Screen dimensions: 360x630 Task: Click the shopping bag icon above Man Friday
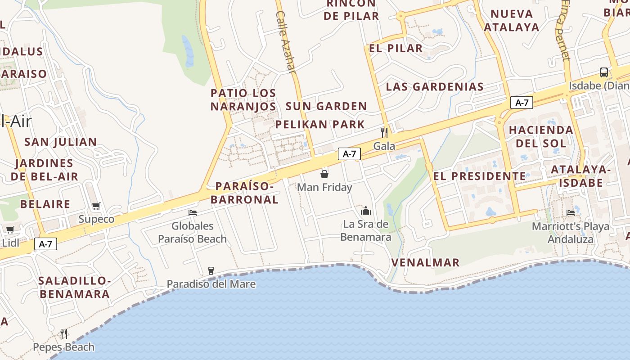[324, 174]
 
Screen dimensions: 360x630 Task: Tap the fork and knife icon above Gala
[384, 132]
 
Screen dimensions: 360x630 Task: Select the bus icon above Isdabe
[603, 72]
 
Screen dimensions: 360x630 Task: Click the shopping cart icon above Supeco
[96, 206]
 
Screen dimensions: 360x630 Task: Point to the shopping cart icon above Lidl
[10, 230]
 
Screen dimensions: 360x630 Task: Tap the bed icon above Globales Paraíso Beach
[192, 212]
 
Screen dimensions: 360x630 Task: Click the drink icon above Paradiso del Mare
[211, 270]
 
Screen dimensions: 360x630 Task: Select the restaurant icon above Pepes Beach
[64, 333]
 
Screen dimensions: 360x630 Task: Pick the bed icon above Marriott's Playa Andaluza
[571, 213]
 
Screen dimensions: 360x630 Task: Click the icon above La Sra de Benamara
[366, 211]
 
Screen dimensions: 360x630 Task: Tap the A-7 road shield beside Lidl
[45, 244]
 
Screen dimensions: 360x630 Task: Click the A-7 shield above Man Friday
[349, 154]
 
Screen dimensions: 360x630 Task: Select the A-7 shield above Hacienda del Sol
[522, 103]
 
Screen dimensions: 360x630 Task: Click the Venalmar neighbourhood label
[425, 262]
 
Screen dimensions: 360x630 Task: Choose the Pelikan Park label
[320, 124]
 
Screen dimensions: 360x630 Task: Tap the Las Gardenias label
[435, 86]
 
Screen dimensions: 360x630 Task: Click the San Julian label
[60, 142]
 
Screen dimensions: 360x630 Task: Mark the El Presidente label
[479, 176]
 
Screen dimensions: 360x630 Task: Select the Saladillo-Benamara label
[74, 287]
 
